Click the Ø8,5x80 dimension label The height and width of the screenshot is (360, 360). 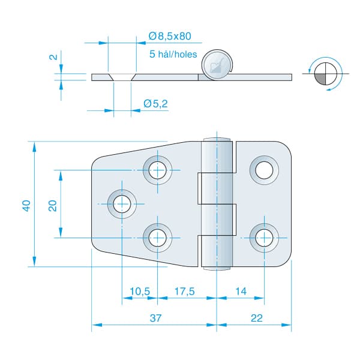(x=170, y=36)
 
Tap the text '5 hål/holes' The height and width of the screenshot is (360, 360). (x=173, y=54)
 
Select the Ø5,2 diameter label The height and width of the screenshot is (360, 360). (x=155, y=104)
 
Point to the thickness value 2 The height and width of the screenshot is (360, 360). (x=53, y=57)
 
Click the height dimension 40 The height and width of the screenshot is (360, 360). (x=26, y=205)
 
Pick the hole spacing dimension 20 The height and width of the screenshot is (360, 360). (x=53, y=205)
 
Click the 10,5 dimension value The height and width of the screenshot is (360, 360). (x=140, y=292)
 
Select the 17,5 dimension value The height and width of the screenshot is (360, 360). (x=184, y=292)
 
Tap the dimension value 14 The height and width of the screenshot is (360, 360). (x=241, y=292)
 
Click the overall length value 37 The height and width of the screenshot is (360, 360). (x=155, y=318)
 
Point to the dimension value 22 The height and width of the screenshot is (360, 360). (x=256, y=318)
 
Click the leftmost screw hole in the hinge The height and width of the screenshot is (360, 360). (x=122, y=204)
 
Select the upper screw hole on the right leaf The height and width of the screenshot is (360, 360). (x=264, y=170)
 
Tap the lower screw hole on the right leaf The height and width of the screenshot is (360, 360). (x=264, y=238)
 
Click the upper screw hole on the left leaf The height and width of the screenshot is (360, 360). (x=157, y=170)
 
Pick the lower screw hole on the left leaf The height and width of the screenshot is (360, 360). (x=157, y=238)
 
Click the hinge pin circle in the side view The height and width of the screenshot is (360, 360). (x=217, y=65)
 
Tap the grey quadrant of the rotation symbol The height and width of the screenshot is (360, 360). (x=320, y=79)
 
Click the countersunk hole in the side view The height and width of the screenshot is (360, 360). (x=122, y=77)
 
